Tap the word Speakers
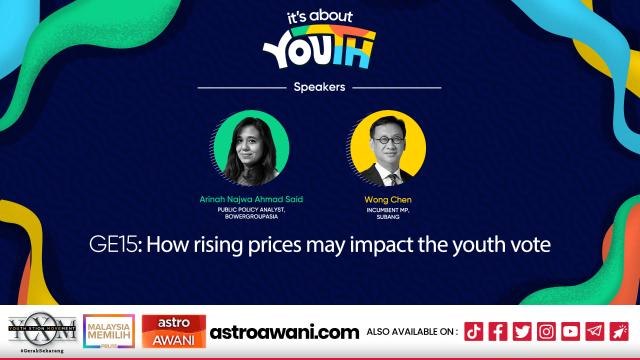pos(320,87)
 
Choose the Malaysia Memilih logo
pos(108,331)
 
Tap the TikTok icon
pos(474,331)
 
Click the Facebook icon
pos(498,331)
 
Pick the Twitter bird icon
pos(522,331)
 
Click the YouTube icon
pos(570,331)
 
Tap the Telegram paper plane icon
pos(594,331)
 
